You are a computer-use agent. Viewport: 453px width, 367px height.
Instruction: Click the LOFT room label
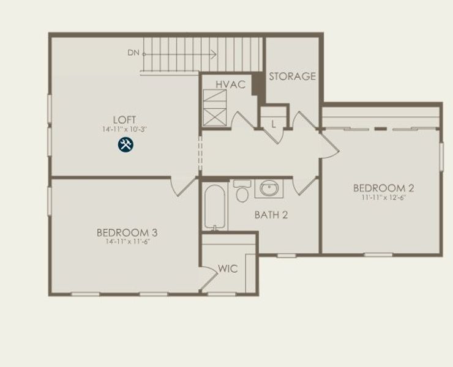click(x=124, y=119)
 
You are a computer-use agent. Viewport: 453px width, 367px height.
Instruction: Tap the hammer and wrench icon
click(x=125, y=145)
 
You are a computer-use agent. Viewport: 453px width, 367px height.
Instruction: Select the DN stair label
click(x=133, y=53)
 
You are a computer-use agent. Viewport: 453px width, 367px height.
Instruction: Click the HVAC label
click(x=230, y=84)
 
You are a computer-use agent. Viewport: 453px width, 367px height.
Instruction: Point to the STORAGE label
click(x=292, y=76)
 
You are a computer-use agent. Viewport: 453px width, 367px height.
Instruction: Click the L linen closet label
click(x=274, y=124)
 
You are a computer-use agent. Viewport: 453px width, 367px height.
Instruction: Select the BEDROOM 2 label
click(x=380, y=188)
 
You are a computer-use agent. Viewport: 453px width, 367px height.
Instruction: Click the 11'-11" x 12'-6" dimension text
click(x=380, y=198)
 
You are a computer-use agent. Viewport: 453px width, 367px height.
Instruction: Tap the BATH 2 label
click(x=271, y=215)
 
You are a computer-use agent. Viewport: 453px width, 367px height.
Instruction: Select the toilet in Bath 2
click(x=242, y=191)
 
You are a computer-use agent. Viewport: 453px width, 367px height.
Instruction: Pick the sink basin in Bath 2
click(x=269, y=188)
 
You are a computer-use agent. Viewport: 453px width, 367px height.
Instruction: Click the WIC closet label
click(x=228, y=269)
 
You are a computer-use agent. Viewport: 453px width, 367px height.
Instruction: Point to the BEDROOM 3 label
click(x=127, y=232)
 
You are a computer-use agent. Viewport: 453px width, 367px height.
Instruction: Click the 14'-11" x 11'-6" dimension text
click(x=127, y=242)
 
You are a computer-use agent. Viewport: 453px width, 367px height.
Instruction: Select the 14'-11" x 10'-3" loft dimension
click(x=124, y=129)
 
